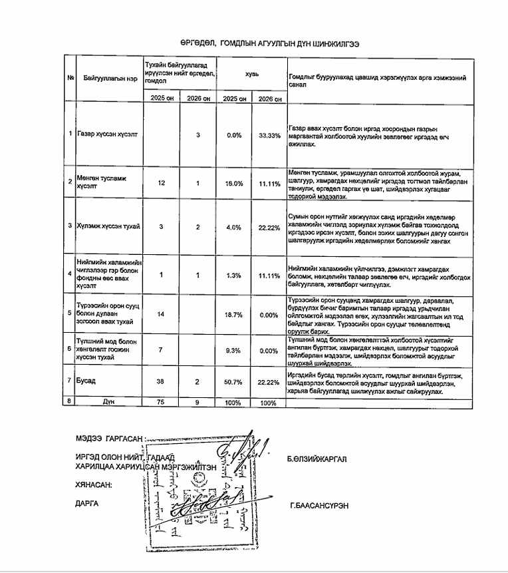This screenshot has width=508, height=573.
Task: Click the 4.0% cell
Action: pos(233,226)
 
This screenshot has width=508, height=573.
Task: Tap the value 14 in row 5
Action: pos(162,313)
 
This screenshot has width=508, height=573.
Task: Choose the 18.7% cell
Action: pos(233,313)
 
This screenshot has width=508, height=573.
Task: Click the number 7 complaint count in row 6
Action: pos(162,349)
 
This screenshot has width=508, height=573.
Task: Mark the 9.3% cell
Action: pos(233,349)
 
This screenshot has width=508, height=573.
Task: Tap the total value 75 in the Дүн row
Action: pos(162,403)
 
